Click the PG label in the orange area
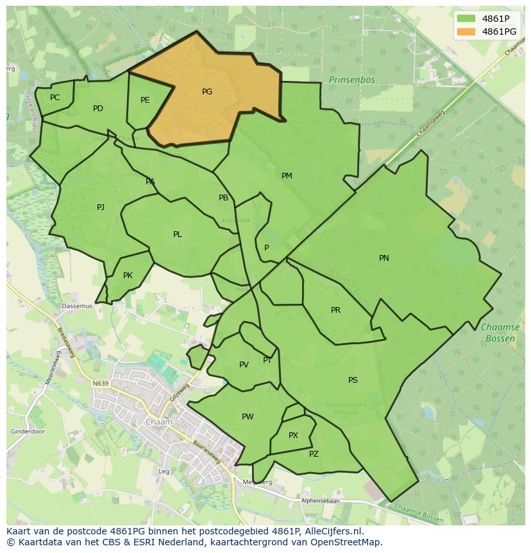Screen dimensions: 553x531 (206, 92)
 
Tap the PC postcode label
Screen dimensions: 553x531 (55, 98)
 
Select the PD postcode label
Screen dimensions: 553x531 (97, 109)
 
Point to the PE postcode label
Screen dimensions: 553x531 (145, 100)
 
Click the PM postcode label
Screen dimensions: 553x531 (287, 176)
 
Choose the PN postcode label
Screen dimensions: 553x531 (383, 258)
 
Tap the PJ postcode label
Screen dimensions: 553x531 (101, 207)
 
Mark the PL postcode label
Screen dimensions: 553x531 (178, 234)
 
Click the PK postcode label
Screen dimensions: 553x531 (128, 276)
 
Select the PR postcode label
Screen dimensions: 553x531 (335, 310)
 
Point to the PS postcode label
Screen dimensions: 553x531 (353, 380)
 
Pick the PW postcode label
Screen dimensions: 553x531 (248, 417)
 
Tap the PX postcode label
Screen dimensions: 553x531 (293, 435)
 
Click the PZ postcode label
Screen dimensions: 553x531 (314, 454)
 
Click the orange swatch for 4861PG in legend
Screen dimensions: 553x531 (466, 31)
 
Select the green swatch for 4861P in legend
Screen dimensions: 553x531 (466, 19)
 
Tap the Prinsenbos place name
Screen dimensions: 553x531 (351, 80)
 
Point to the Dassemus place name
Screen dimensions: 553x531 (77, 306)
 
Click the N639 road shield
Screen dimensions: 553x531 (100, 383)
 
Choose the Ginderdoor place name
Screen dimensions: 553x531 (28, 432)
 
